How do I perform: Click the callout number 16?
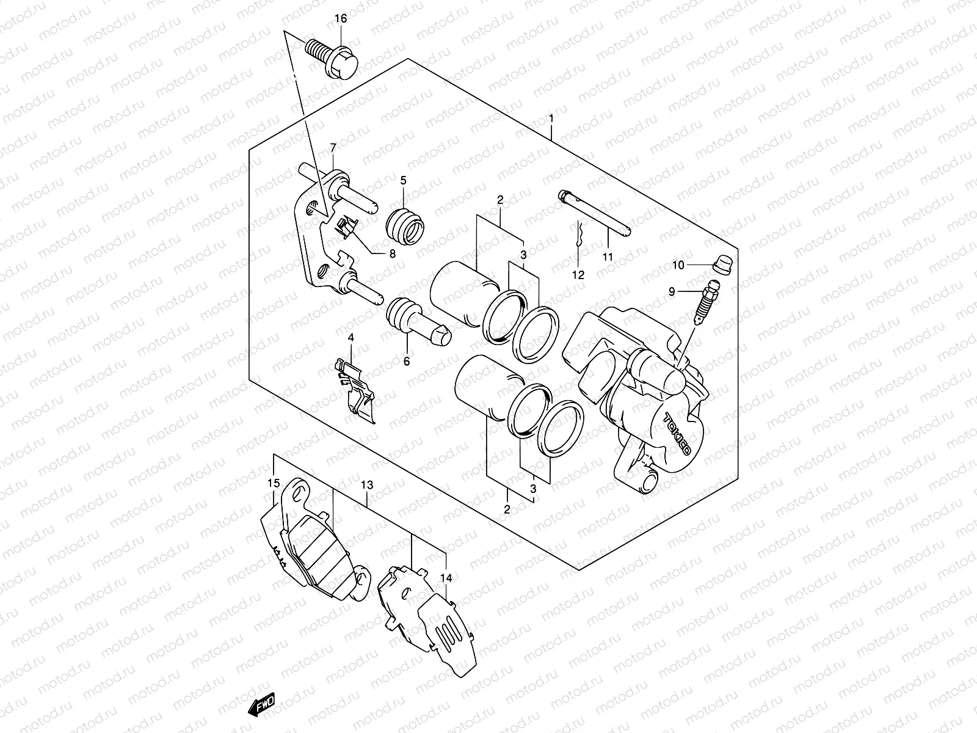(340, 19)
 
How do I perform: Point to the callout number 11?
(607, 257)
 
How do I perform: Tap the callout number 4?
(351, 337)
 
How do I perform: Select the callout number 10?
(678, 265)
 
